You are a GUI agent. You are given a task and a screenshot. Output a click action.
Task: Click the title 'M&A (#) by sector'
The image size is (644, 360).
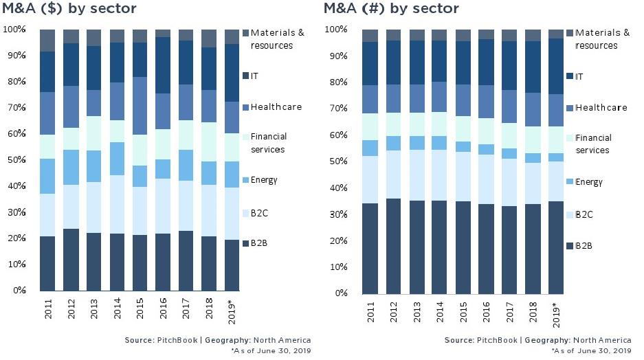(x=391, y=9)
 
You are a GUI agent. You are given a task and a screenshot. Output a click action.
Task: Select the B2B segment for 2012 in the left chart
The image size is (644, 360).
(x=71, y=260)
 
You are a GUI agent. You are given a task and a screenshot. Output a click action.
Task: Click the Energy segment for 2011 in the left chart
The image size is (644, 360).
(x=47, y=177)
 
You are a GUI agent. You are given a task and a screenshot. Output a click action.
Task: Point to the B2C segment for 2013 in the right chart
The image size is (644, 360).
(x=417, y=175)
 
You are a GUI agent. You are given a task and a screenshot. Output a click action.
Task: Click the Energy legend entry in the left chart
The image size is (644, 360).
(x=264, y=180)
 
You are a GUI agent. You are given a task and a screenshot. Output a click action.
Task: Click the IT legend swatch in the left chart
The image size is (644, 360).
(x=245, y=75)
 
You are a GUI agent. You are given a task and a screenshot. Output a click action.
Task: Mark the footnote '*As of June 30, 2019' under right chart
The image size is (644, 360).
(x=591, y=350)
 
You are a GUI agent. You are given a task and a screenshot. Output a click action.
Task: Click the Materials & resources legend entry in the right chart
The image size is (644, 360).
(x=602, y=39)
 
